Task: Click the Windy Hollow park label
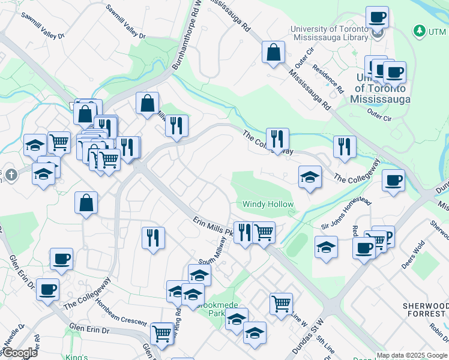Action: pyautogui.click(x=268, y=205)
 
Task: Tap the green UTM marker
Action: pyautogui.click(x=419, y=30)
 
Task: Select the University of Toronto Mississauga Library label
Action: pyautogui.click(x=328, y=34)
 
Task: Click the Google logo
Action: pyautogui.click(x=19, y=353)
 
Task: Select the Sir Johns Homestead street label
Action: pyautogui.click(x=342, y=215)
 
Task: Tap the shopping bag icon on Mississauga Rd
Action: pyautogui.click(x=274, y=52)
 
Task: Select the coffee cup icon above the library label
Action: pyautogui.click(x=377, y=17)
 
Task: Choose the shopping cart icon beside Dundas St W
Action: pyautogui.click(x=281, y=304)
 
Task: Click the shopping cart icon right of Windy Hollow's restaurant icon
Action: pyautogui.click(x=264, y=232)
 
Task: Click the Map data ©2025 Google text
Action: pyautogui.click(x=412, y=355)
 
